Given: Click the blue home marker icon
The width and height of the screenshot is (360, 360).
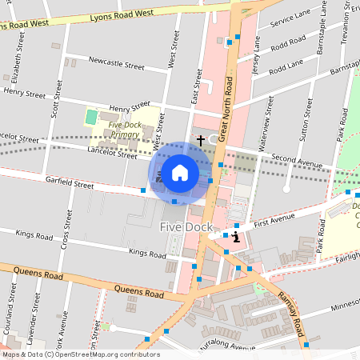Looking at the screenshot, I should click(x=180, y=173).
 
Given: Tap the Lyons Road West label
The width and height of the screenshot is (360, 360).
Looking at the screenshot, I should click(x=121, y=14).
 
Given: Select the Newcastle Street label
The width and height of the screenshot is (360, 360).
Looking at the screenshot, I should click(x=117, y=61).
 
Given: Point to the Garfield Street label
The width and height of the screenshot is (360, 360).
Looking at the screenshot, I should click(x=70, y=184).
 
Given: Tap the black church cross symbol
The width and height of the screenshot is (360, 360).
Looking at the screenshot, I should click(x=200, y=140).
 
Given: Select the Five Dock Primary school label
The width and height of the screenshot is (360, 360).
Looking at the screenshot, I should click(x=124, y=130).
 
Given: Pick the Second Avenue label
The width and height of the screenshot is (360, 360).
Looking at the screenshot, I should click(x=295, y=159).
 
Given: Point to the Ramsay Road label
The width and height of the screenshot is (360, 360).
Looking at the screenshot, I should click(x=288, y=312).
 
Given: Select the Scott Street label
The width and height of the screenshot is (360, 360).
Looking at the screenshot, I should click(x=55, y=104).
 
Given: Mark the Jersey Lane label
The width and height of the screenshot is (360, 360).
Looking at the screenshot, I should click(x=257, y=60).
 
